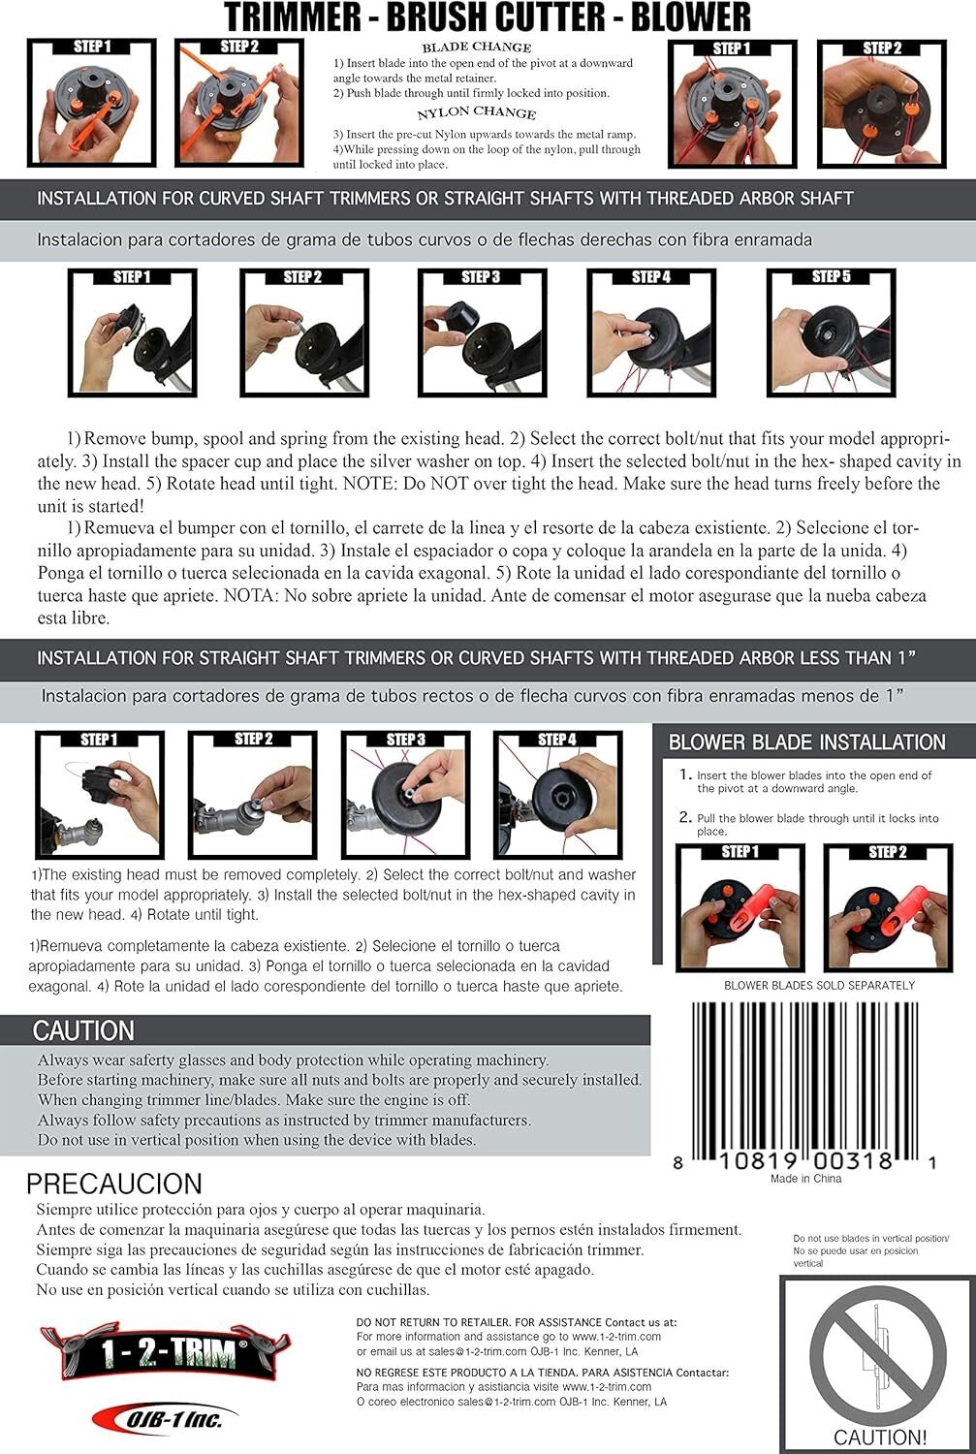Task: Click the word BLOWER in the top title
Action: coord(690,16)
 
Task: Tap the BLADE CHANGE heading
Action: coord(476,47)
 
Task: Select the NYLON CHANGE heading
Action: coord(476,112)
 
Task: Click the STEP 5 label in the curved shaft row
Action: coord(831,276)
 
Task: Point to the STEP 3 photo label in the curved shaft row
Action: coord(481,277)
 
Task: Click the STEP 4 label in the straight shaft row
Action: coord(556,739)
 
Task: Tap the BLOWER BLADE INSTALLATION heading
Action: coord(806,742)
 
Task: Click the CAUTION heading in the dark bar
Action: coord(83,1030)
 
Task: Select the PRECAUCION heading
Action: coord(114,1184)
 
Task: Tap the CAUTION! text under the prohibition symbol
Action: coord(879,1437)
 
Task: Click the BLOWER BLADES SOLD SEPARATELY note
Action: coord(819,986)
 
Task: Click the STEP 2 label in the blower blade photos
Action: coord(887,852)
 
